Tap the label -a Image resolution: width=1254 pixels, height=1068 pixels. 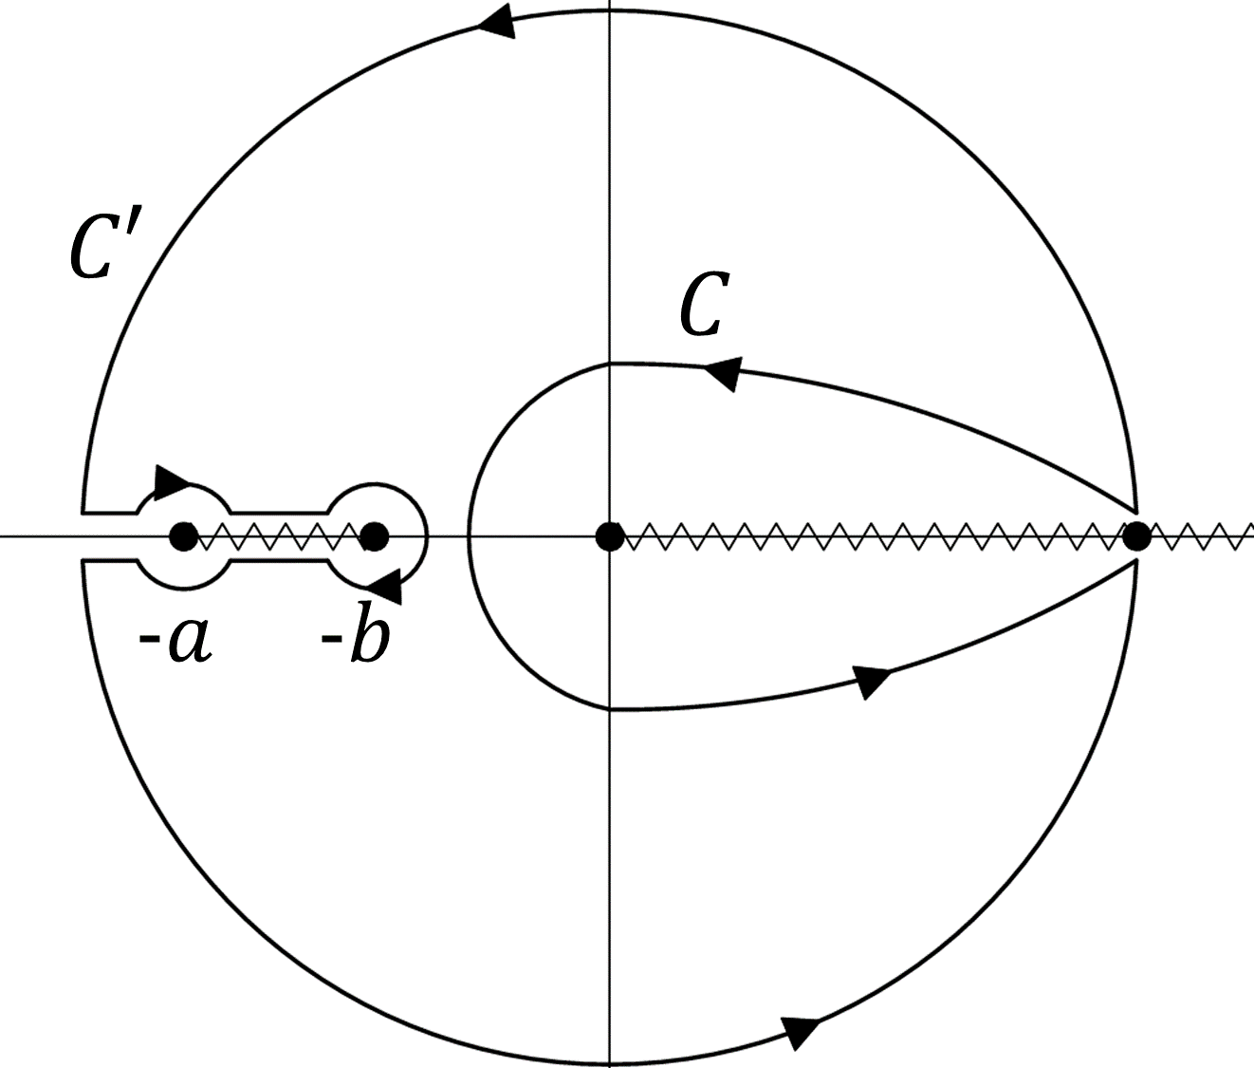pos(175,639)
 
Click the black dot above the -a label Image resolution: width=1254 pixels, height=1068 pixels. pos(182,536)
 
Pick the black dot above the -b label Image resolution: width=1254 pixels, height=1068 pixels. pos(375,536)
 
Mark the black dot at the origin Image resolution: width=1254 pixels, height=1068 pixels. pos(609,536)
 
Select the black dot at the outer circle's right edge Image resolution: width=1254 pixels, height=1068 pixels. pos(1135,536)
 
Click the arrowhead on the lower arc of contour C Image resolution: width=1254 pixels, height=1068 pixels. pos(871,680)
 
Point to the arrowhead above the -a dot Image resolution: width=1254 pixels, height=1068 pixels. pos(172,481)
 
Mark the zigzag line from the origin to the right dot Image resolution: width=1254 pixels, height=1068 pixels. pos(873,536)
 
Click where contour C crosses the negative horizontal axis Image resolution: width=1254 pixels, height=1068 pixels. pos(468,536)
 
